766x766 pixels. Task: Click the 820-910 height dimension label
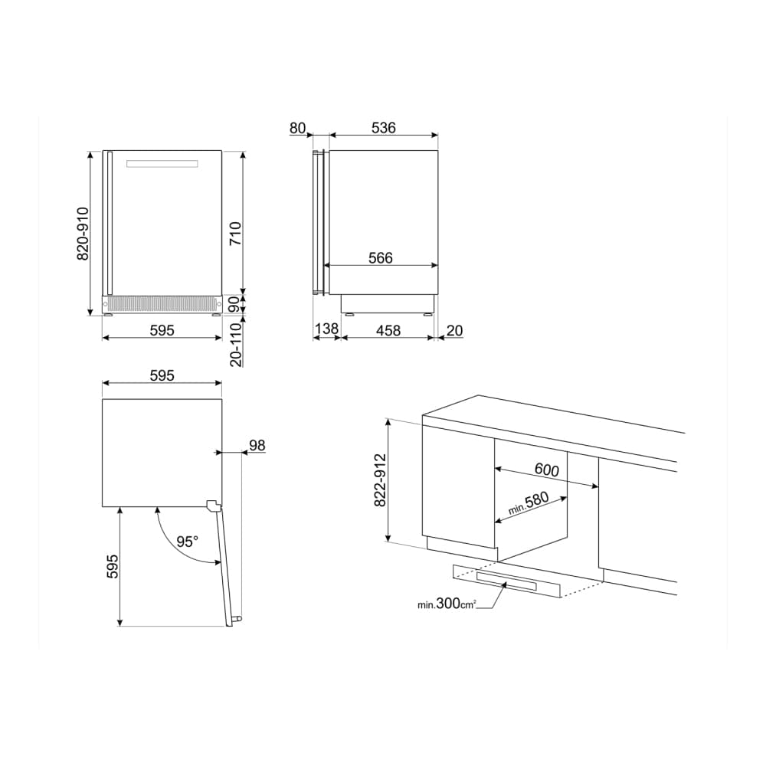(x=83, y=234)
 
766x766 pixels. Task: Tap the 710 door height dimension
(x=235, y=234)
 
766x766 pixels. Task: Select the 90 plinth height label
(x=234, y=305)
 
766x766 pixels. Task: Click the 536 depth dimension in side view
(x=384, y=127)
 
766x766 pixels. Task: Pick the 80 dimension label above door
(x=297, y=128)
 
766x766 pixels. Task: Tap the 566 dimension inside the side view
(x=381, y=257)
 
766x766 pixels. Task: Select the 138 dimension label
(x=326, y=329)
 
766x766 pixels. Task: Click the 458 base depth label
(x=388, y=331)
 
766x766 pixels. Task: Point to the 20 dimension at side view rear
(x=454, y=331)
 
